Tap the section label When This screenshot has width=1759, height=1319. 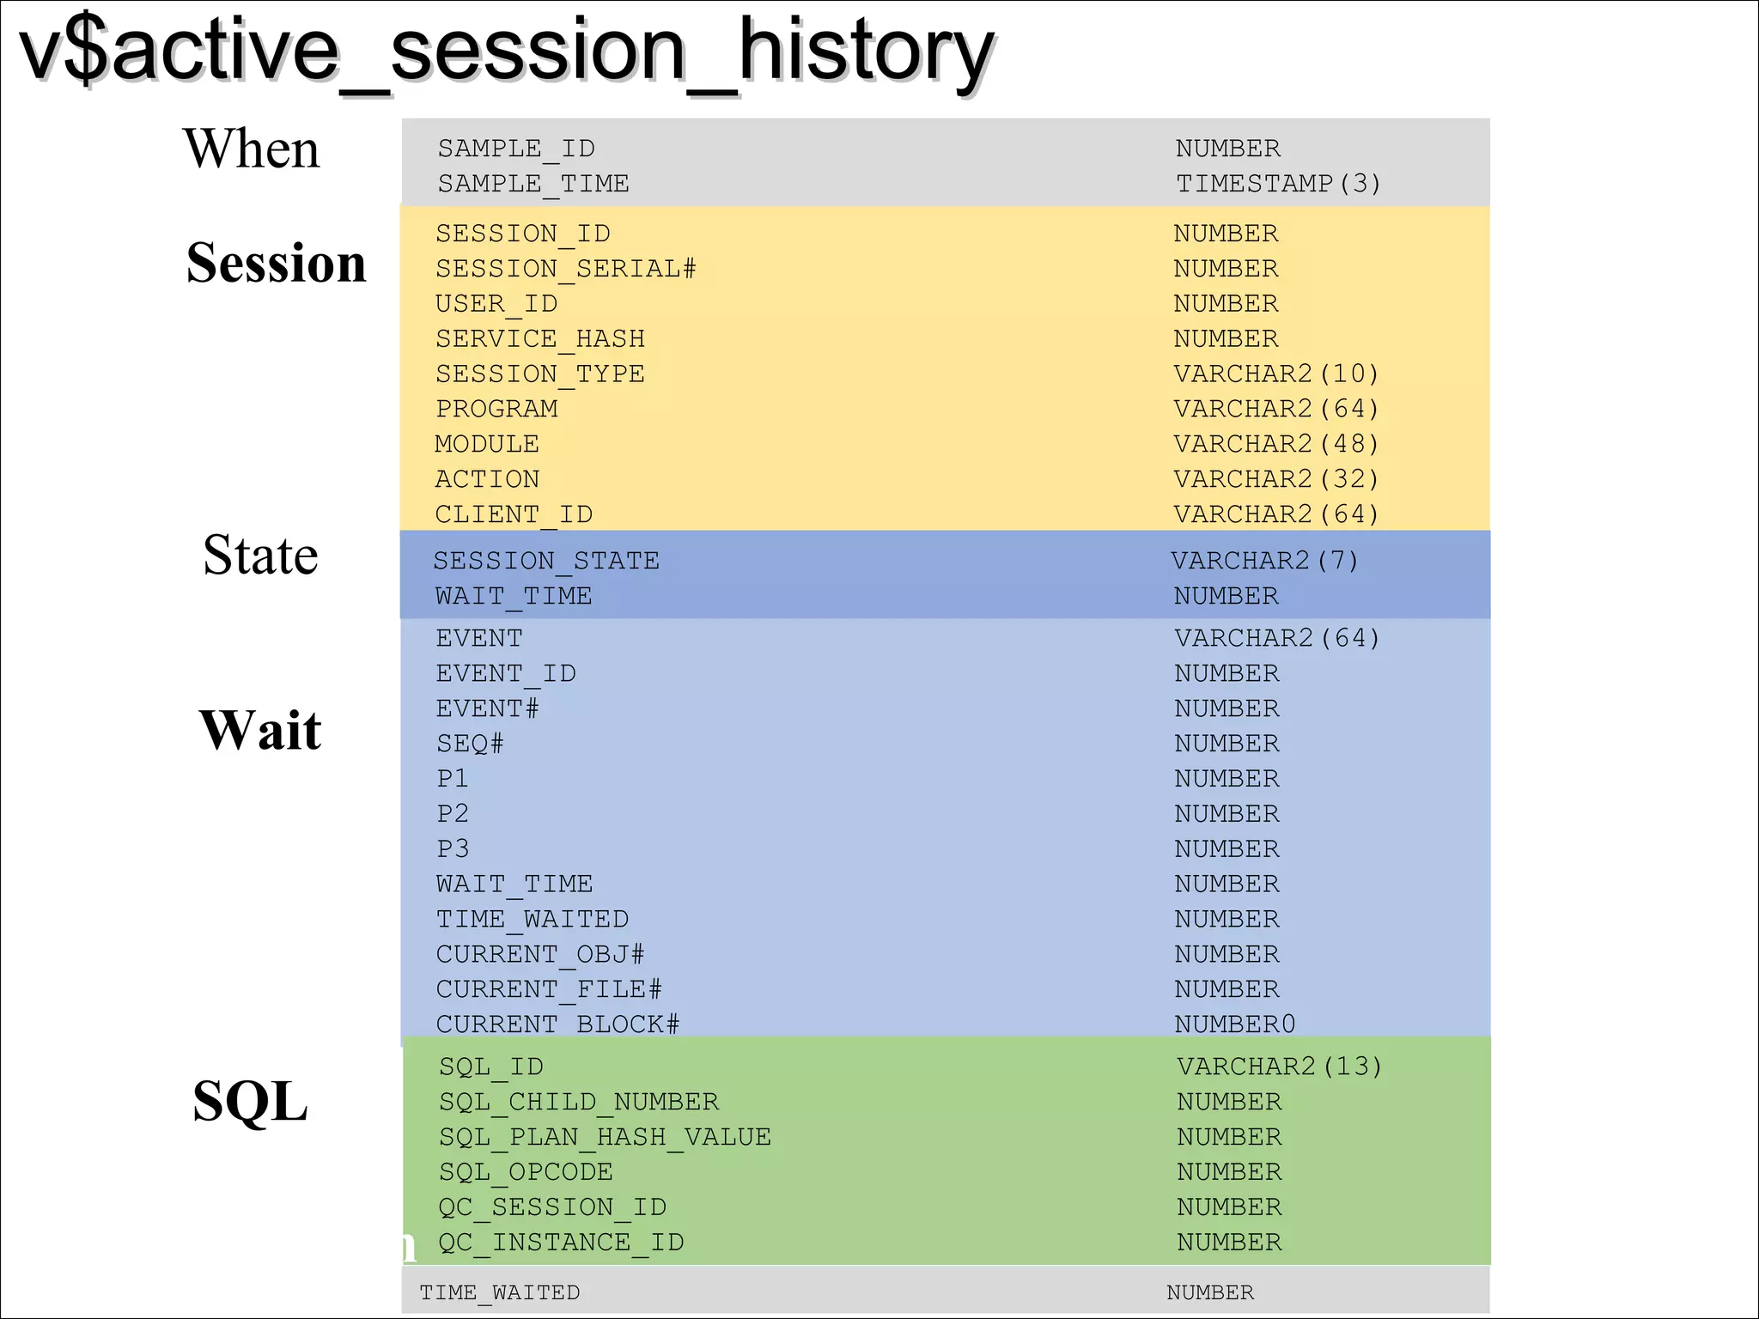point(252,149)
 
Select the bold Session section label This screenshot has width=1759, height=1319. point(276,263)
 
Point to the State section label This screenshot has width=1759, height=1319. point(260,555)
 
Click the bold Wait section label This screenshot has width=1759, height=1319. point(260,731)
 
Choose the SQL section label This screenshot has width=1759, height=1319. point(250,1102)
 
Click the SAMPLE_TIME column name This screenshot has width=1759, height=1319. point(533,184)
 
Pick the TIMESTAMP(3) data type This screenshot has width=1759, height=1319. point(1278,184)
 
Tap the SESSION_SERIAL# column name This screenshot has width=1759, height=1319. point(565,269)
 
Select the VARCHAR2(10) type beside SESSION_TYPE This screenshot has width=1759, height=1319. point(1276,374)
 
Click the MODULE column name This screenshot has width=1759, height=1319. point(487,444)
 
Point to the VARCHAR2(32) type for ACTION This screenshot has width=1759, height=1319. point(1276,479)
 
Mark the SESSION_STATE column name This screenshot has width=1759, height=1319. point(546,561)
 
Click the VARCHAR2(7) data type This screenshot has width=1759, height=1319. point(1265,561)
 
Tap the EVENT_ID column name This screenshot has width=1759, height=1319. point(506,673)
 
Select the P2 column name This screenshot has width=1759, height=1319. point(453,813)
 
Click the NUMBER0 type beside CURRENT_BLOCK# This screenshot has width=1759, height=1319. point(1235,1024)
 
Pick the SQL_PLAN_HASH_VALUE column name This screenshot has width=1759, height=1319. point(605,1137)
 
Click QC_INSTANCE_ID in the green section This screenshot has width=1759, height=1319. point(561,1243)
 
